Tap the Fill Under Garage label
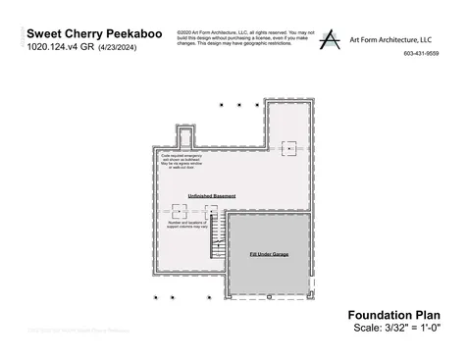coord(269,252)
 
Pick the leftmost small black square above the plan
coord(223,105)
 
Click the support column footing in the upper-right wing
coord(289,149)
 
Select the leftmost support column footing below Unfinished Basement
coord(178,210)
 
